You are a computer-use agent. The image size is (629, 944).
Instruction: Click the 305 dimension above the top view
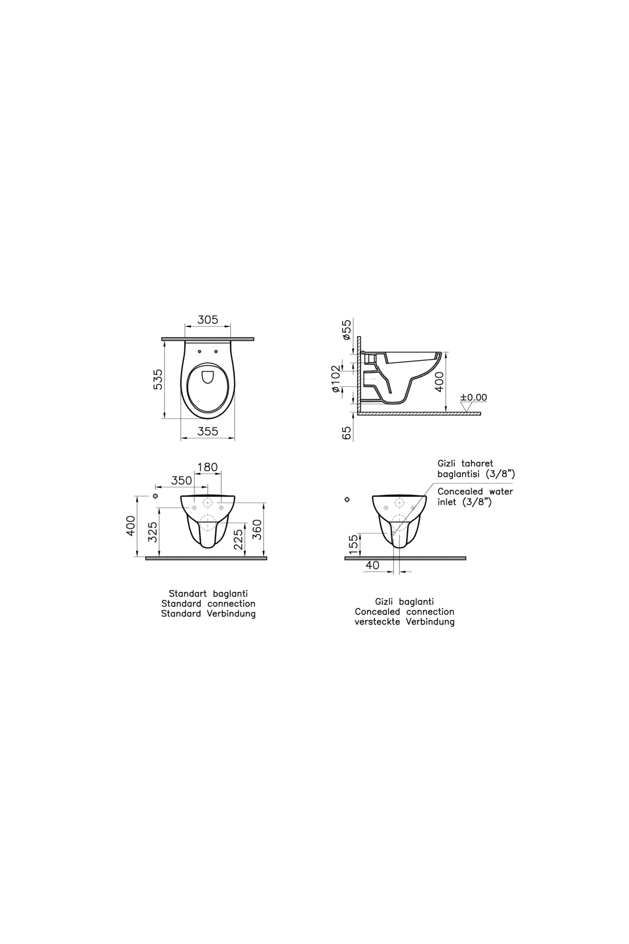pos(208,319)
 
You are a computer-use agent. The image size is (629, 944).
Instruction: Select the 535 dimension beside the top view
pos(158,379)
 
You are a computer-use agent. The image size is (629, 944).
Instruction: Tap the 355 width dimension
pos(208,431)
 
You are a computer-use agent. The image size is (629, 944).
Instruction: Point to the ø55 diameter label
pos(346,330)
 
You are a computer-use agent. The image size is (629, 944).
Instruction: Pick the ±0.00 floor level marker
pos(473,398)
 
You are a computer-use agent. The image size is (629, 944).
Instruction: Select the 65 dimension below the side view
pos(346,433)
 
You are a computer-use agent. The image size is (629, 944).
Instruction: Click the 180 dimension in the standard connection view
pos(208,467)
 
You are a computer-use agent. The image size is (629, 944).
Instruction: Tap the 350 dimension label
pos(182,480)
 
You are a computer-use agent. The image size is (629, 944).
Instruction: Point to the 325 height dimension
pos(153,532)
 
